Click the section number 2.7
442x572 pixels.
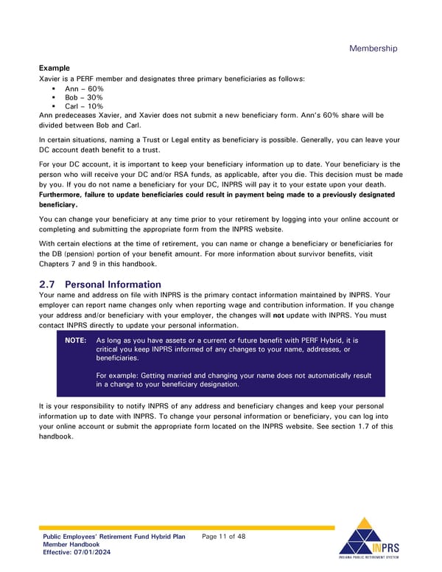click(x=47, y=285)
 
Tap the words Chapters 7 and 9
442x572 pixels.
click(x=73, y=263)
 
